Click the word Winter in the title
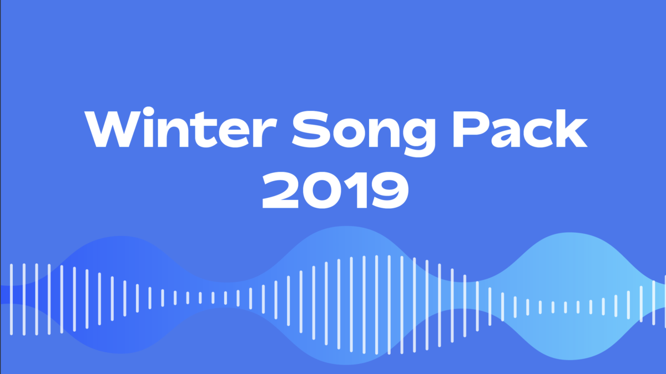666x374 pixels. point(181,127)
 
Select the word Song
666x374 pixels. point(364,133)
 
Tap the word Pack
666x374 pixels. point(520,128)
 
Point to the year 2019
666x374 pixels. point(335,190)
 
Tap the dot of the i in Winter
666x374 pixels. point(148,111)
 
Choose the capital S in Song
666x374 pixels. point(311,129)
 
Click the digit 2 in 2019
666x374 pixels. point(280,190)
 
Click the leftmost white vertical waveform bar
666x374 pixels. point(11,299)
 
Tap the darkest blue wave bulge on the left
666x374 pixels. point(119,294)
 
